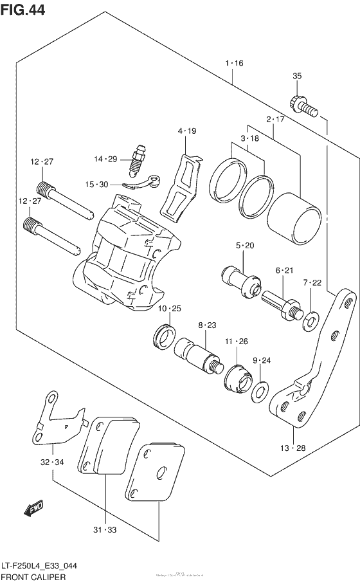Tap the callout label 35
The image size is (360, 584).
pos(297,77)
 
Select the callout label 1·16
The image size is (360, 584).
pos(234,63)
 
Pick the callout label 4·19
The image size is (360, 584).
pos(187,131)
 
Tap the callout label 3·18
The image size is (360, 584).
pos(250,138)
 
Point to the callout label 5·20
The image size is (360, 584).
pos(245,245)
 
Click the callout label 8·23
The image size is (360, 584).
pos(207,325)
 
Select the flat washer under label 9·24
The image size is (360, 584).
pos(261,390)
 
